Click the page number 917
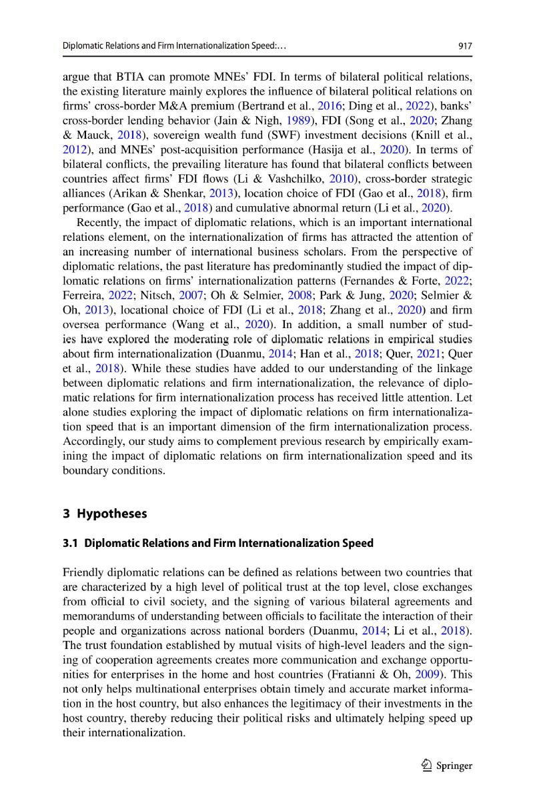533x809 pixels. [465, 47]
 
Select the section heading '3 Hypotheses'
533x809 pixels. [104, 514]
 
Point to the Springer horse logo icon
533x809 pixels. [425, 766]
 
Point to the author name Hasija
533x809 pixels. [324, 149]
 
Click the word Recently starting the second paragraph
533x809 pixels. [100, 223]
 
